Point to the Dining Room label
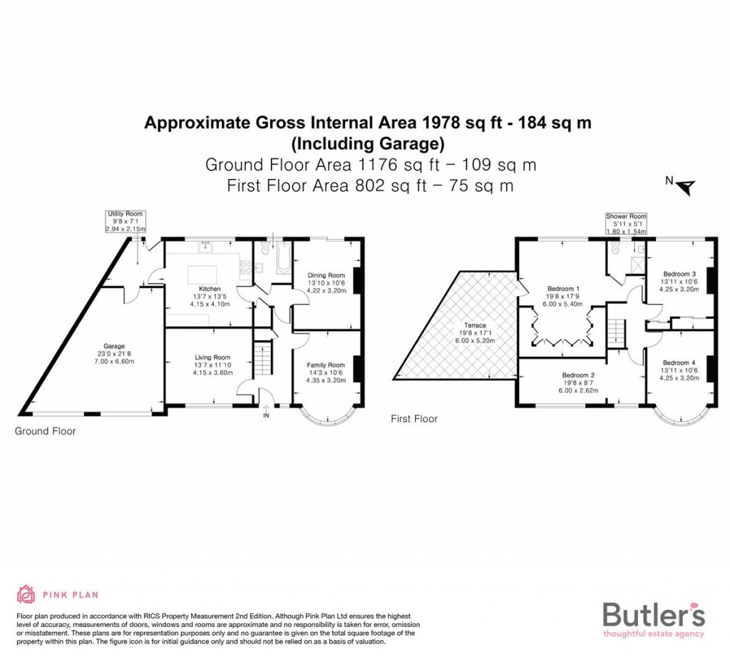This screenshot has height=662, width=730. click(x=326, y=275)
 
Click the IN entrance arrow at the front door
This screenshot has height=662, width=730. click(x=266, y=412)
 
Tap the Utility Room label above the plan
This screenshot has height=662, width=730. click(x=125, y=214)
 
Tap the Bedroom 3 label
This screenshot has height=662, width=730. click(x=679, y=274)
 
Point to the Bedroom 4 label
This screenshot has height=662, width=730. click(x=679, y=362)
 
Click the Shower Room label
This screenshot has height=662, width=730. click(x=625, y=216)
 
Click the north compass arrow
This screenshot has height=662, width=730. click(x=687, y=187)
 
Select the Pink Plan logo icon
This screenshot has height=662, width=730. click(x=26, y=594)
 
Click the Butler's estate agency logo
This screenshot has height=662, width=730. click(x=654, y=618)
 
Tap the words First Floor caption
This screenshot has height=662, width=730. click(x=414, y=419)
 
